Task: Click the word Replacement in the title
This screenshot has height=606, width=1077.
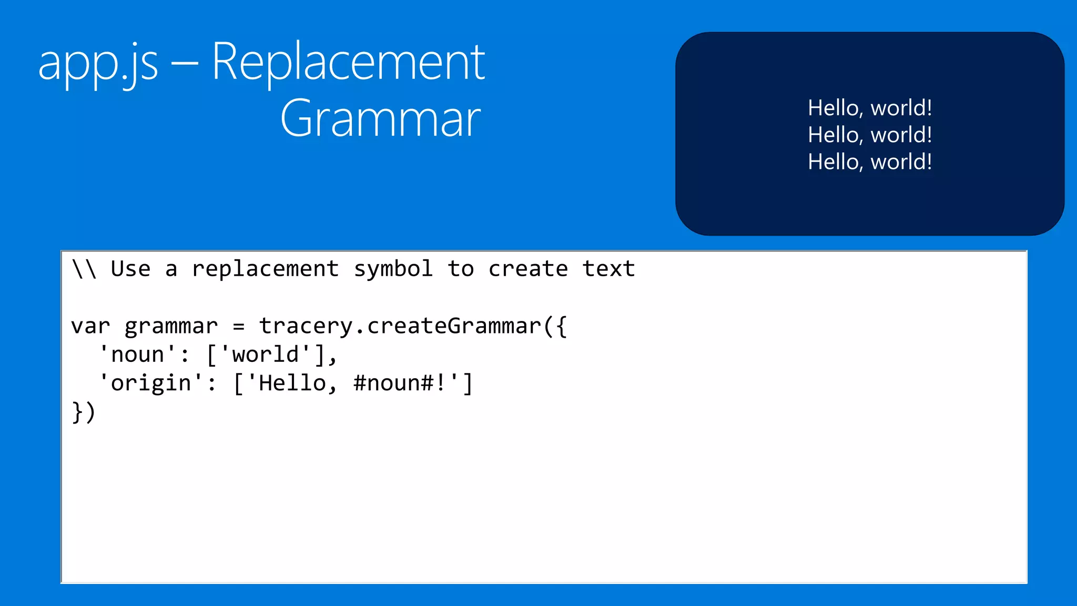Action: click(x=348, y=63)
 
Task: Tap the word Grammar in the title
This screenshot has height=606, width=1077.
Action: click(x=380, y=119)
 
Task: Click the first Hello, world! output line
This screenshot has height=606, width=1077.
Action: click(x=870, y=108)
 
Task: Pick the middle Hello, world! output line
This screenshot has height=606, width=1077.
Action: click(x=870, y=135)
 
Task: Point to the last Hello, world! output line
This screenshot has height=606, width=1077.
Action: click(x=870, y=161)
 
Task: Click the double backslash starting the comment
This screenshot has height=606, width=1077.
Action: click(x=84, y=269)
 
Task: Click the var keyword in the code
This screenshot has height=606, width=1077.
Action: click(x=90, y=327)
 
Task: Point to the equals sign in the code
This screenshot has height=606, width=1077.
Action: click(x=239, y=327)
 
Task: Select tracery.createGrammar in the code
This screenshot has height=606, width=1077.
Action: click(x=400, y=327)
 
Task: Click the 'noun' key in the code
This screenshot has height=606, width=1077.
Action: click(x=138, y=355)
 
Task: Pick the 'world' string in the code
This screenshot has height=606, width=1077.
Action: click(x=266, y=355)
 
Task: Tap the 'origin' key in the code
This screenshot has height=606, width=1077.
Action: click(x=151, y=383)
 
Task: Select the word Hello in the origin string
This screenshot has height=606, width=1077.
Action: click(x=292, y=383)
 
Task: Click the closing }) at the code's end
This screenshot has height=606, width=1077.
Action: click(x=84, y=412)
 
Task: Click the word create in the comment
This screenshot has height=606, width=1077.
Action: click(x=528, y=269)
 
